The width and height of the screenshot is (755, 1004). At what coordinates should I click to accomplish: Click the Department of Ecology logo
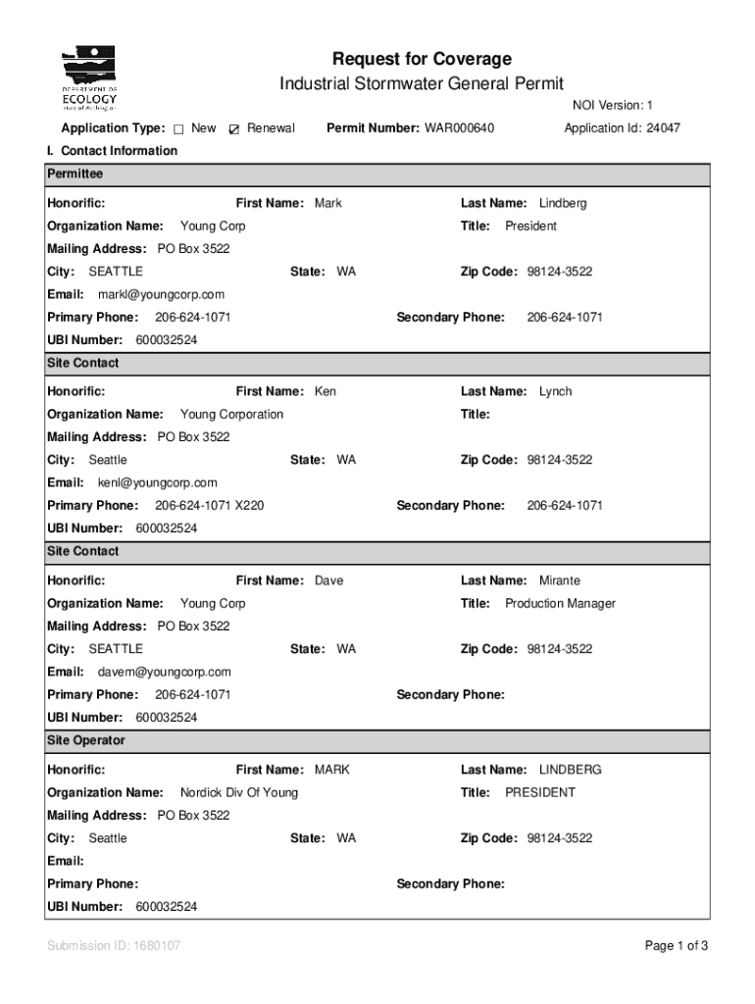89,78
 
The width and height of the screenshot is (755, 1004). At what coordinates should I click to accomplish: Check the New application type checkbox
179,129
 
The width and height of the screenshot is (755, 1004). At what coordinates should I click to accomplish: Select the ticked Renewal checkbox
233,129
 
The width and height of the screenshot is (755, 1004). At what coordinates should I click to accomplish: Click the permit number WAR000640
459,128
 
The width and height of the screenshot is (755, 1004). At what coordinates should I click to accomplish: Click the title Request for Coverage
422,59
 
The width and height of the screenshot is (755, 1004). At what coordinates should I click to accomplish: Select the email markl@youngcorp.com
161,294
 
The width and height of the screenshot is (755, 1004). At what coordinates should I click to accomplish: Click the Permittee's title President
530,226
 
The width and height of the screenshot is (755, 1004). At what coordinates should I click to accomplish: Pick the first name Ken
325,392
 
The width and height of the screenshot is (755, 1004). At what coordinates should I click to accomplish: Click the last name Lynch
555,392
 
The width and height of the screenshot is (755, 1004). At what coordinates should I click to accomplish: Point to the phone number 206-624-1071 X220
209,506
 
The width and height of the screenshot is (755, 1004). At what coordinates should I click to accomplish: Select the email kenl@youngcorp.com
157,482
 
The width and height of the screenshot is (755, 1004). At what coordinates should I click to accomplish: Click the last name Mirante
559,580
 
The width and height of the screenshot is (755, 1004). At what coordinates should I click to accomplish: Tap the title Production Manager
560,604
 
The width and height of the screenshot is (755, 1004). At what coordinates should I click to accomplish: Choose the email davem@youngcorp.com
164,672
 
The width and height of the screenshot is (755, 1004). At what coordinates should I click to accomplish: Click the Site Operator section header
85,740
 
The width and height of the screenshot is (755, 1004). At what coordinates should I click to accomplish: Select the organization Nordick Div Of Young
239,792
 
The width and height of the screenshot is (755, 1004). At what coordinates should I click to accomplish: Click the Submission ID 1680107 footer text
114,946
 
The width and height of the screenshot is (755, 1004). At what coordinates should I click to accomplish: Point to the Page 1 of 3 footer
676,946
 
